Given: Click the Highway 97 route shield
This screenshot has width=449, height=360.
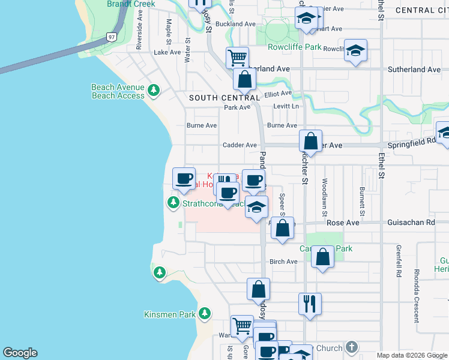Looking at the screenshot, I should pos(113,37).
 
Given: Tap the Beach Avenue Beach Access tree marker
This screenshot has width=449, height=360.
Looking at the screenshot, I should pos(154,91).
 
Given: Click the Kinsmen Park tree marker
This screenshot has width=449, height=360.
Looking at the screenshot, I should pos(205,313).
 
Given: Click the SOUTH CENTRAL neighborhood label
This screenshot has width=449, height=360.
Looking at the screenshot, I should pos(224,97).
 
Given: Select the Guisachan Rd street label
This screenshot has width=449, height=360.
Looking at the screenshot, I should pos(414,223).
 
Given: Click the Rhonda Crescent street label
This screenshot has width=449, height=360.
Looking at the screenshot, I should pos(417,286).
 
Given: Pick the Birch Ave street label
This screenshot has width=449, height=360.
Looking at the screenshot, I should pos(283,262).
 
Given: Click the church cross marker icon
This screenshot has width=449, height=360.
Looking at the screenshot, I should pos(352,347).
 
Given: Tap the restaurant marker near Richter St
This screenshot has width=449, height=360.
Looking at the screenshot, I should pos(310,304).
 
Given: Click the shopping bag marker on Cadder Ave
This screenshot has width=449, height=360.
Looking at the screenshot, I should pos(311,142).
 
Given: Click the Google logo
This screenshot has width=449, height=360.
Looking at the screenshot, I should pos(20,353).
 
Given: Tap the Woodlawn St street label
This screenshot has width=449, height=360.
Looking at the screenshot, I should pos(325,197).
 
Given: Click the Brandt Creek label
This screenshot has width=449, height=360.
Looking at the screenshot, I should pos(131,4).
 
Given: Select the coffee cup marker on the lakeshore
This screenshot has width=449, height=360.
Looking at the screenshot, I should pos(184,178).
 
